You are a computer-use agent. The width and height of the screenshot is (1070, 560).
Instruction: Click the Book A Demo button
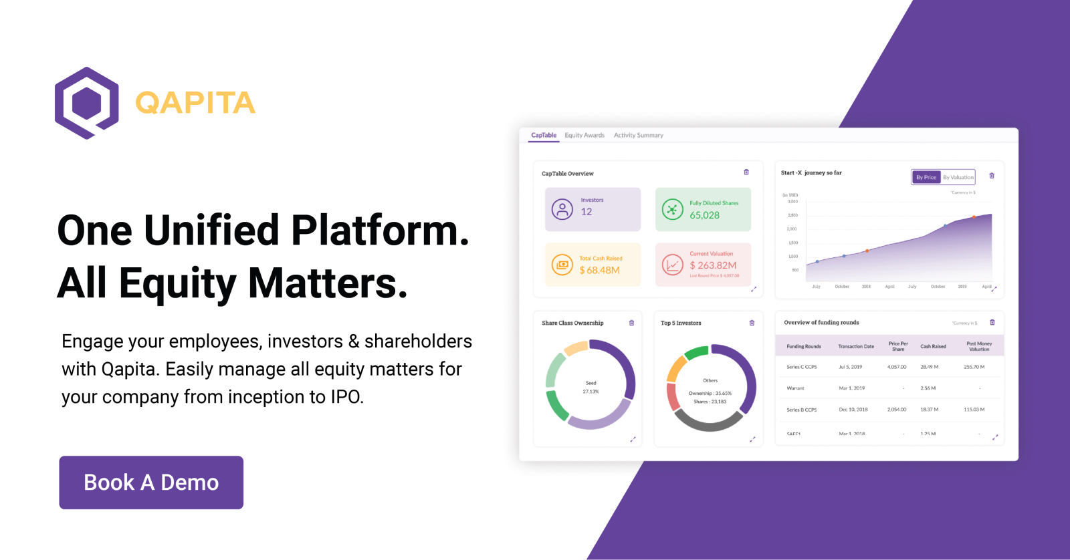click(x=151, y=482)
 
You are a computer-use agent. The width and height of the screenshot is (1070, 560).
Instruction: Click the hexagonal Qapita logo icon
click(x=87, y=103)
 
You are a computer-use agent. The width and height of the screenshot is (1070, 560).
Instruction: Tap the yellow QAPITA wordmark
click(x=195, y=103)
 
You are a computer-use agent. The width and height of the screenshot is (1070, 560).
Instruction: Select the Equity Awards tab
click(x=584, y=135)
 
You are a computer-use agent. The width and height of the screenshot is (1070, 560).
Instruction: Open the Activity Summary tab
click(x=639, y=135)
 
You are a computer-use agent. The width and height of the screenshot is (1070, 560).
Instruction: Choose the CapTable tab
click(x=544, y=135)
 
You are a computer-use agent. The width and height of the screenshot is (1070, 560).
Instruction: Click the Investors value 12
click(x=586, y=212)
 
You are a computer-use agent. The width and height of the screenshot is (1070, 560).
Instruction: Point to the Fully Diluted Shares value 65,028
click(x=705, y=215)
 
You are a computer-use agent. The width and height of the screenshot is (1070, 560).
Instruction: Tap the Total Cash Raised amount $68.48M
click(x=600, y=270)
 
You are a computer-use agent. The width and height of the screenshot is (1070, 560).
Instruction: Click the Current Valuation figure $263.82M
click(x=713, y=265)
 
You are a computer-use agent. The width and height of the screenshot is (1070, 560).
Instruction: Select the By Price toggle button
click(x=926, y=177)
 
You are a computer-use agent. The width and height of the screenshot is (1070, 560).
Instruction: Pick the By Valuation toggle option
click(x=958, y=177)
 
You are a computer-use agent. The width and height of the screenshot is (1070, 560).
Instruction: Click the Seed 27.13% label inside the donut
click(x=591, y=387)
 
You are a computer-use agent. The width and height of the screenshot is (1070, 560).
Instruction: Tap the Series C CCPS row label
click(x=802, y=367)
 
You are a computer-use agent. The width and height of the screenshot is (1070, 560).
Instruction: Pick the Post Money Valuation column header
click(x=979, y=346)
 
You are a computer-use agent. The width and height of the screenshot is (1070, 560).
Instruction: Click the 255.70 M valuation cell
click(x=974, y=367)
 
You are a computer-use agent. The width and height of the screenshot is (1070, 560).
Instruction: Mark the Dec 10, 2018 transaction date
click(x=853, y=410)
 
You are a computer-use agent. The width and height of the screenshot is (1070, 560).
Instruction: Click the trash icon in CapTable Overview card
click(x=746, y=172)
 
